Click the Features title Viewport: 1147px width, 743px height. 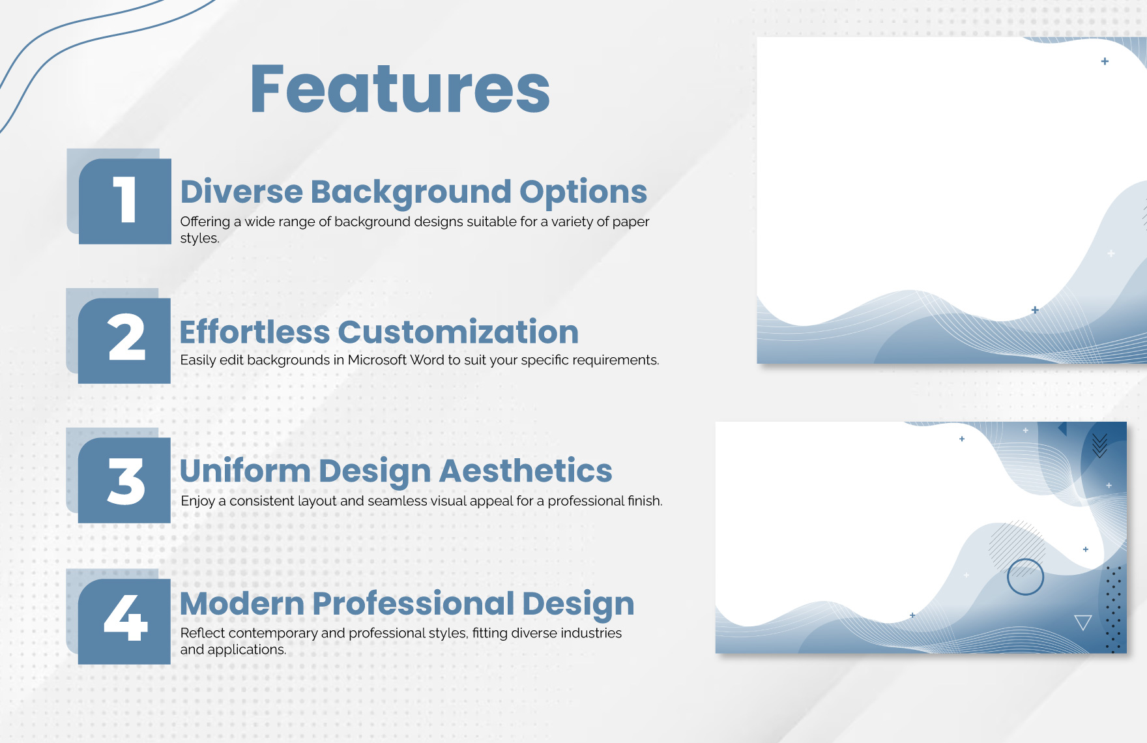point(400,89)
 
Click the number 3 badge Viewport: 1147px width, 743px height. point(124,480)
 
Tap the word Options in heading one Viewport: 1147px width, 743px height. point(583,192)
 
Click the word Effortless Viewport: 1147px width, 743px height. point(254,332)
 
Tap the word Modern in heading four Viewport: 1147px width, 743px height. point(242,604)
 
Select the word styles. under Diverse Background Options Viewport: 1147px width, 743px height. point(199,239)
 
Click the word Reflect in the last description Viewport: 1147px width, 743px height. point(202,633)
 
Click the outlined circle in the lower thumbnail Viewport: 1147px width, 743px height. point(1025,577)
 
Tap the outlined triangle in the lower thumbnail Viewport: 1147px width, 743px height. point(1082,622)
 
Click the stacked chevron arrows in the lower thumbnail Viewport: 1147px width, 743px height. point(1099,446)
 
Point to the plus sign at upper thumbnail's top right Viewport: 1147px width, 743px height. point(1105,61)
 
